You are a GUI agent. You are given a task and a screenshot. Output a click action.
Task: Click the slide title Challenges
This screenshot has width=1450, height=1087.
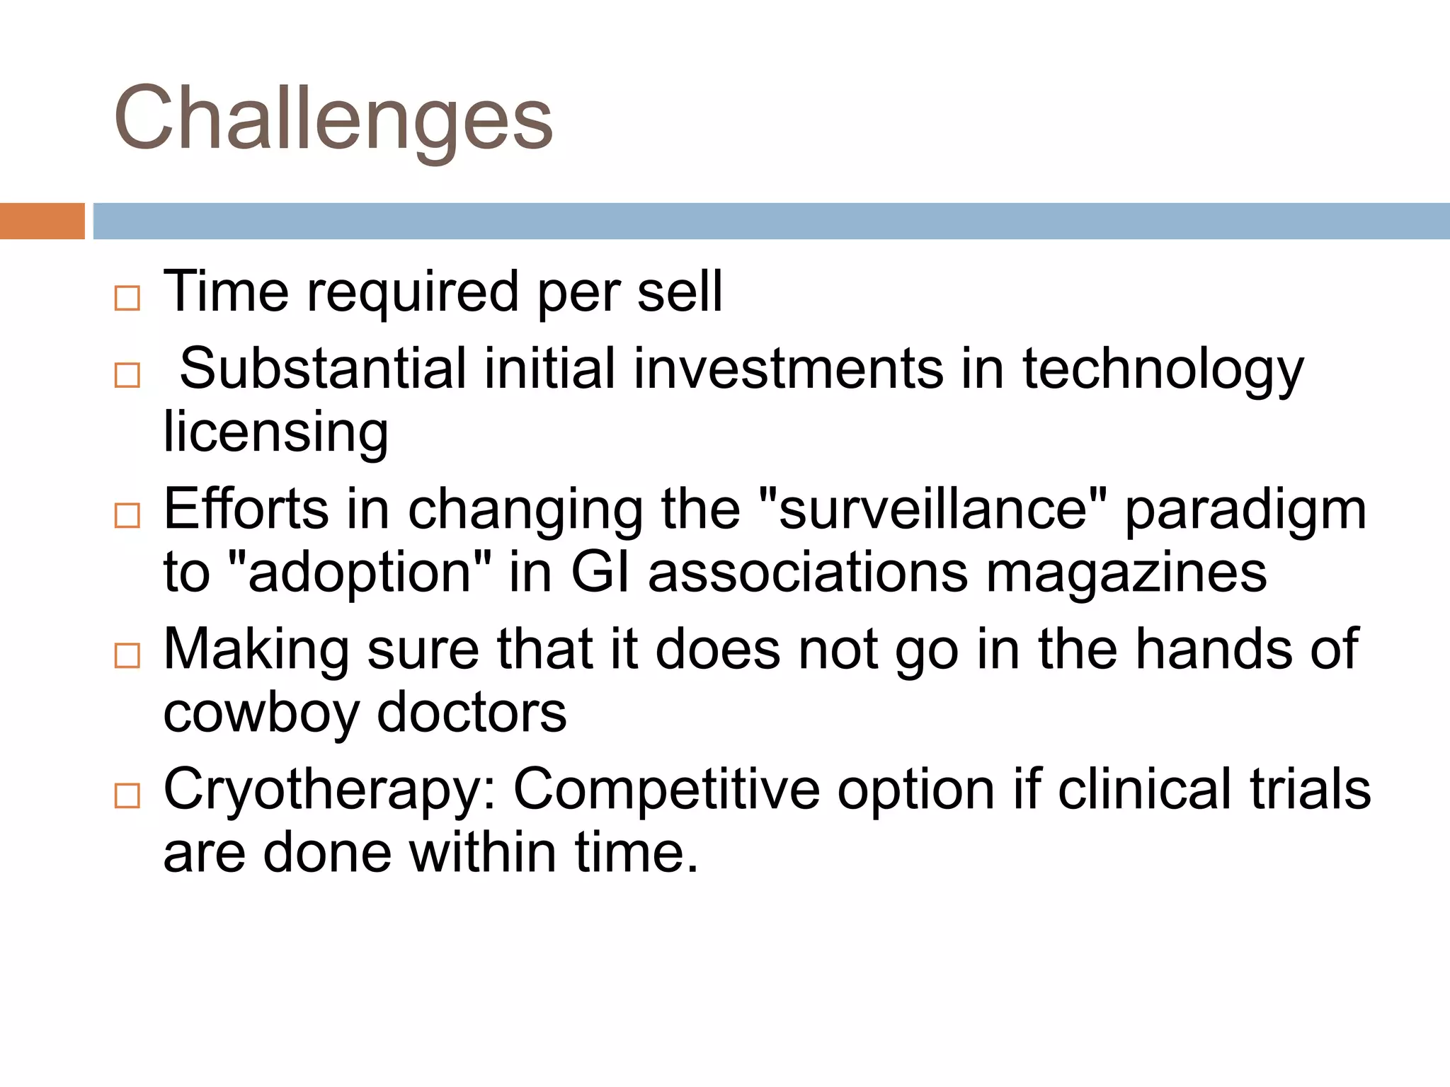pos(333,119)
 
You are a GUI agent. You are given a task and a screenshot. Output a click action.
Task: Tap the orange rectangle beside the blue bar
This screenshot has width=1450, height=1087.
pos(42,221)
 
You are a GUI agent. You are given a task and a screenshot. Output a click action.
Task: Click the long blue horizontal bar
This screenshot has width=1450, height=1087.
pos(770,221)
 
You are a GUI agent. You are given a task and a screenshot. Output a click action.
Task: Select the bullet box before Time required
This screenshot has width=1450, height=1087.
pos(127,298)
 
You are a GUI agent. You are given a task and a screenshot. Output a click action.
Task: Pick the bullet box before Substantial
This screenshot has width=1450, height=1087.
pos(127,375)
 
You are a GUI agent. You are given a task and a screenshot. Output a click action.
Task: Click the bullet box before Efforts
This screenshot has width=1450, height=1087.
pos(127,515)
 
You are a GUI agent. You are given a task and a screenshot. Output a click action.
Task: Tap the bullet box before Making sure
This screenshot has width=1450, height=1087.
pos(127,655)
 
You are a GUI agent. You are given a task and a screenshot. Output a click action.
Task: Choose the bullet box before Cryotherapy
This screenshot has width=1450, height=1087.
pos(127,795)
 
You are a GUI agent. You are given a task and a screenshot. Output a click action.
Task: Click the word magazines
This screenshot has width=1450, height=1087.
pos(1126,573)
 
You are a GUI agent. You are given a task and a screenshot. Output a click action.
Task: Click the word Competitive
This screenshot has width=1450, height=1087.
pos(666,790)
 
